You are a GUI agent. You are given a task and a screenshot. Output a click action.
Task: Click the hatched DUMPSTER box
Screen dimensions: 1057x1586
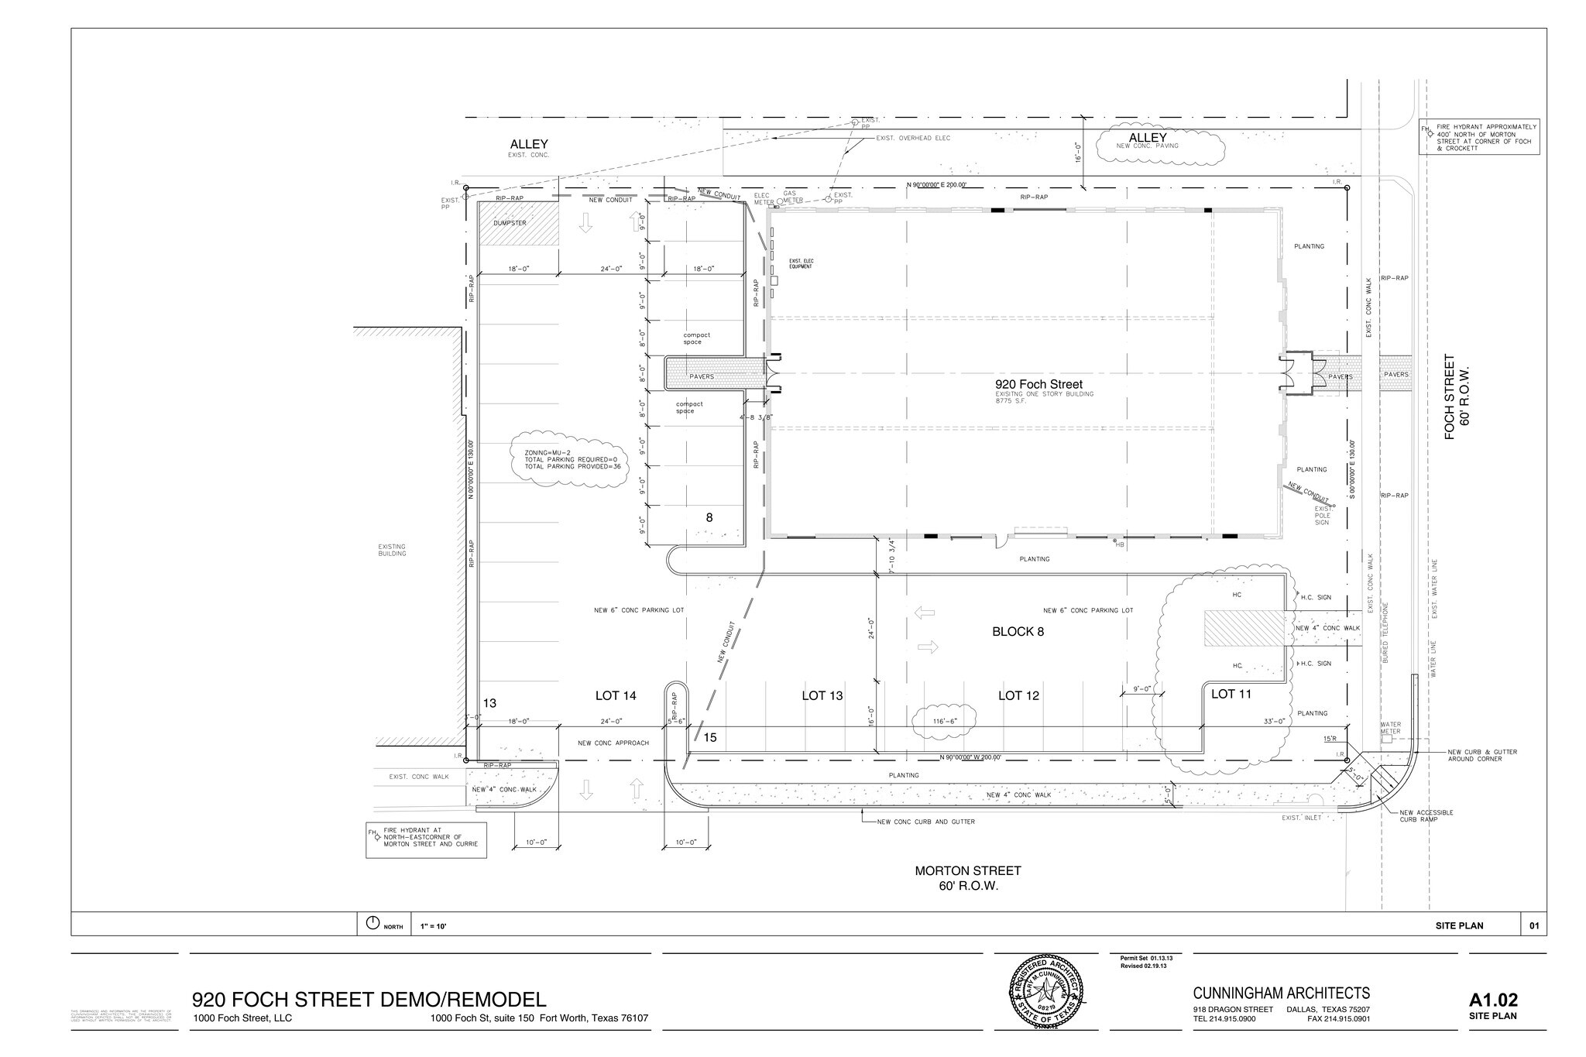click(x=517, y=224)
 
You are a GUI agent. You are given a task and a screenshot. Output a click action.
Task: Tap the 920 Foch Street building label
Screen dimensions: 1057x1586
click(x=1038, y=384)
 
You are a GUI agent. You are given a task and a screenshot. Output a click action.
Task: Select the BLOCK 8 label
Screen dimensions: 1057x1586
click(x=1018, y=632)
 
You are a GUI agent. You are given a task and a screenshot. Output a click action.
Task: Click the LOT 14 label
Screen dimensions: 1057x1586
click(x=616, y=696)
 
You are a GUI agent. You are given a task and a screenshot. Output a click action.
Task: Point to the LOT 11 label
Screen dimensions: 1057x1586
click(x=1231, y=694)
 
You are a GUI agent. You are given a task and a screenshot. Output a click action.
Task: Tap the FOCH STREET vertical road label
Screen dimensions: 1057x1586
click(x=1450, y=396)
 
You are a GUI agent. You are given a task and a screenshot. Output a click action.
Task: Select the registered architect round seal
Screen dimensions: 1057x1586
click(x=1045, y=991)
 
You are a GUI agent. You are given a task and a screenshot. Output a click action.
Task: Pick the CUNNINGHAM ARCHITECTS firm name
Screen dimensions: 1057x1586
click(x=1281, y=994)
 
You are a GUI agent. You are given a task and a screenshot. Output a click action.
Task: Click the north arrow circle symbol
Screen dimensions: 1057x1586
click(x=372, y=923)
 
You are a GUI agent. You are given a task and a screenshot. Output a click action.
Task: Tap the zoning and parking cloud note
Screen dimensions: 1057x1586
click(x=570, y=459)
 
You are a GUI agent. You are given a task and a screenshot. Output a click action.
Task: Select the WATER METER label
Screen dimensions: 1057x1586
click(x=1390, y=728)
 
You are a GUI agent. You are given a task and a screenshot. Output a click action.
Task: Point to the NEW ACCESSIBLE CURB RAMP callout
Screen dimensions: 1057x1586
click(x=1426, y=815)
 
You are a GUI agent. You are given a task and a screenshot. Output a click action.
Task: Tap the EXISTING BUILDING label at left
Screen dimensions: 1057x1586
click(x=392, y=550)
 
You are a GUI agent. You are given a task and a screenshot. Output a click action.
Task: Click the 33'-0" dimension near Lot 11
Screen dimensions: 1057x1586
click(x=1274, y=721)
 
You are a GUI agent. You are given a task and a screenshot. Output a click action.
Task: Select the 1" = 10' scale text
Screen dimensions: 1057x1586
click(x=433, y=926)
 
